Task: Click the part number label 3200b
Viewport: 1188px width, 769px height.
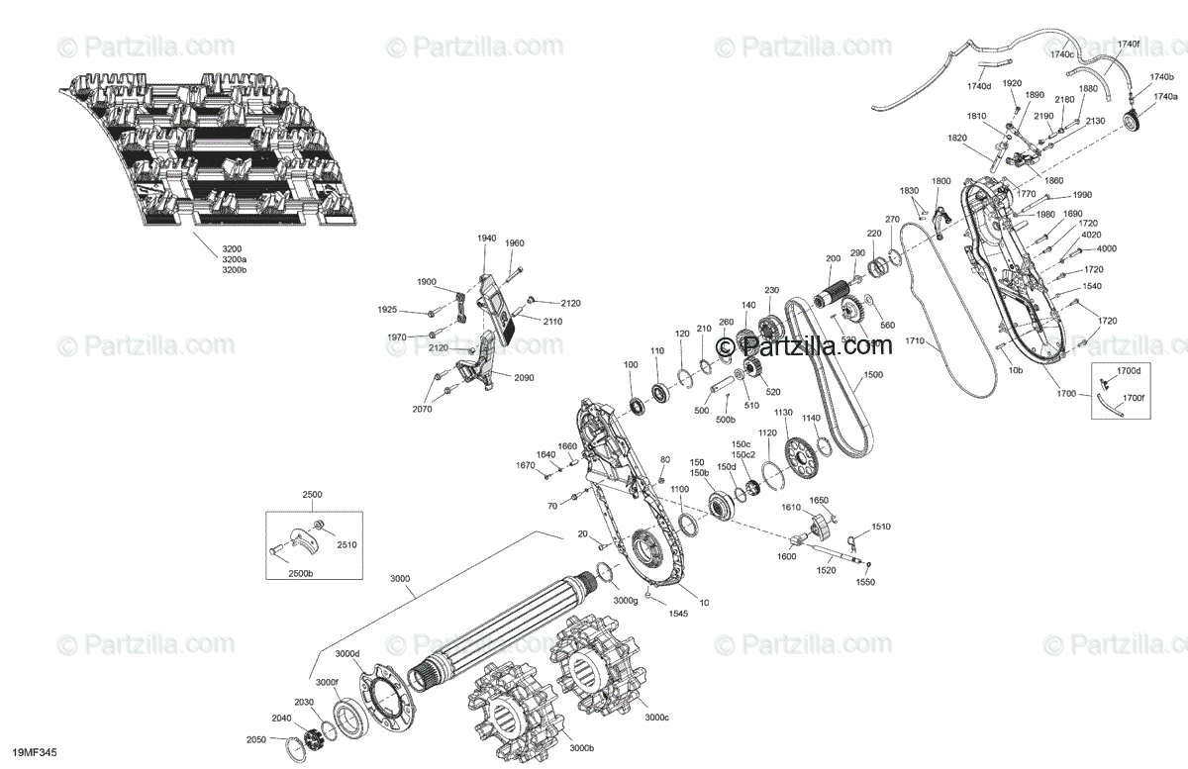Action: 234,269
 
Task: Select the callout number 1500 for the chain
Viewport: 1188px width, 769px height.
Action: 873,376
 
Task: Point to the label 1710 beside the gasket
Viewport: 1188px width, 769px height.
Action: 913,341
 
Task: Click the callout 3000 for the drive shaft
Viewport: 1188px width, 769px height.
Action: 399,578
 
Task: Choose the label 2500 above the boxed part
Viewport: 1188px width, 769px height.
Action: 313,495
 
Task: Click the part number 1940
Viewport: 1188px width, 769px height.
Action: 486,239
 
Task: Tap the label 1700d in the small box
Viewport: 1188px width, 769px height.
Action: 1130,370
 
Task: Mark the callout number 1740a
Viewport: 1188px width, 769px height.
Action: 1164,97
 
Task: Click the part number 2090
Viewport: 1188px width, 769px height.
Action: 525,377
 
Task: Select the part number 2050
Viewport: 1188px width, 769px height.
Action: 256,739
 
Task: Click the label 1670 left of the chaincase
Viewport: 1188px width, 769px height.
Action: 525,465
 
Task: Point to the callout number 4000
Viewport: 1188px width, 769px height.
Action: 1106,248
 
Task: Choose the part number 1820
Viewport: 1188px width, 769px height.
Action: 956,138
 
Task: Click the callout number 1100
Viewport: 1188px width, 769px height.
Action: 679,490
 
